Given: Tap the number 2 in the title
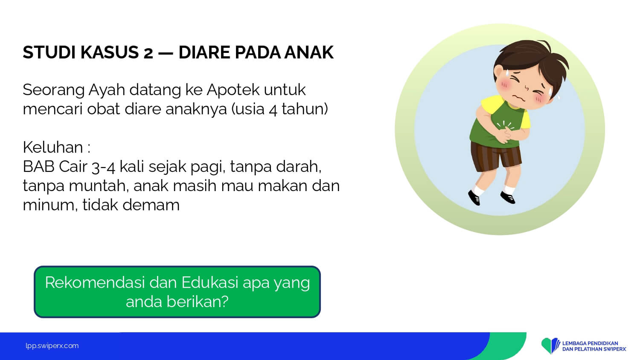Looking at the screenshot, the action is click(148, 53).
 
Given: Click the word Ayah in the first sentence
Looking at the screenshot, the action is click(107, 90).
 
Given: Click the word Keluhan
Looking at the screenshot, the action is click(53, 147).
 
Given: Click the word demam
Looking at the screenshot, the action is click(151, 205).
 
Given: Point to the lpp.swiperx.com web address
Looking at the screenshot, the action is click(52, 346).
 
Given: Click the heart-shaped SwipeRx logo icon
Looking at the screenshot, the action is click(550, 345).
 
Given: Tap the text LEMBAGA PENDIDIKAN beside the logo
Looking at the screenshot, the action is click(590, 343).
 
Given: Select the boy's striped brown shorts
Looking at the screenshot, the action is click(496, 156).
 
